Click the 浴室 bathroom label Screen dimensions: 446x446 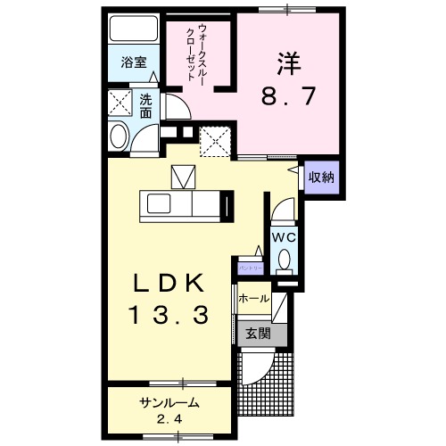(134, 64)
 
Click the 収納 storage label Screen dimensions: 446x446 (321, 177)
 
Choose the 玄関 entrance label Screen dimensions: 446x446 (258, 334)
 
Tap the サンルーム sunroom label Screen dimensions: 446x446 (169, 403)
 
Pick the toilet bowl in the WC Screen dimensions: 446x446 (284, 260)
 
